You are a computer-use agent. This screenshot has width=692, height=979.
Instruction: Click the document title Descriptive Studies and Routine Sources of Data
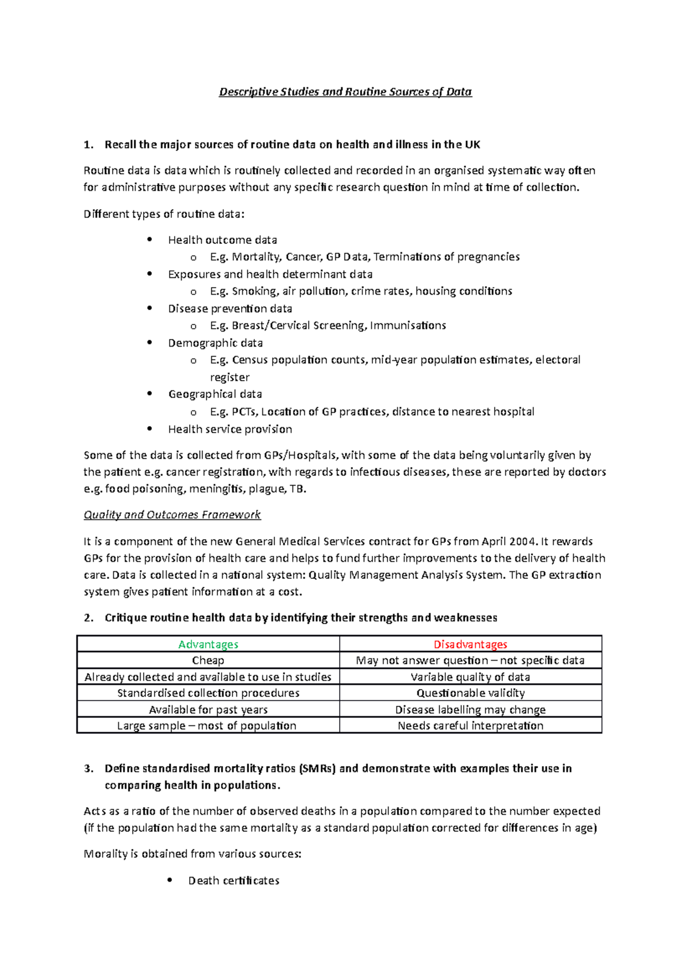(x=345, y=92)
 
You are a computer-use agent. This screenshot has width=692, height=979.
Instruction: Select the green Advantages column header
(x=208, y=644)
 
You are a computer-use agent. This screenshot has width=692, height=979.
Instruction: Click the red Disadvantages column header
(x=470, y=644)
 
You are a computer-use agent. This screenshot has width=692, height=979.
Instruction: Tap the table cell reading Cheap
(x=208, y=660)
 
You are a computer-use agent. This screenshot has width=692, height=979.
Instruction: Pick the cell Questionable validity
(x=470, y=693)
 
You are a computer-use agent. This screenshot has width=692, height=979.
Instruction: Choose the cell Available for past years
(x=208, y=710)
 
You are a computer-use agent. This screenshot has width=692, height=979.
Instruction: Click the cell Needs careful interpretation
(x=470, y=726)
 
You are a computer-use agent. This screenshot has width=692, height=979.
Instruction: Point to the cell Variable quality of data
(x=470, y=677)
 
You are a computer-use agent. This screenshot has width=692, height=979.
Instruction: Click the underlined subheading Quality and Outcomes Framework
(x=172, y=514)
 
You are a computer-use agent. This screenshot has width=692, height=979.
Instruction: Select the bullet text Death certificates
(x=234, y=880)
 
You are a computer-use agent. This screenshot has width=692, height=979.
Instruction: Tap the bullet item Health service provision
(x=230, y=429)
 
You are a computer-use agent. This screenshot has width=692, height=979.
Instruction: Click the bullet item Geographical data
(x=215, y=394)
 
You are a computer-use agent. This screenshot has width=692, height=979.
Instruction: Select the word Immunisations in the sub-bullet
(x=408, y=325)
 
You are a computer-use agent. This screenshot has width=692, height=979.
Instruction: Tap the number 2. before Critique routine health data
(x=88, y=618)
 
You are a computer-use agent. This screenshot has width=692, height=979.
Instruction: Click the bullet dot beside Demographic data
(x=150, y=342)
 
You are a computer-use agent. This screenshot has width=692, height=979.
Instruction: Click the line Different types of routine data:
(x=164, y=214)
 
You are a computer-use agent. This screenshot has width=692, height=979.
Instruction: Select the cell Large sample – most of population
(x=207, y=726)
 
